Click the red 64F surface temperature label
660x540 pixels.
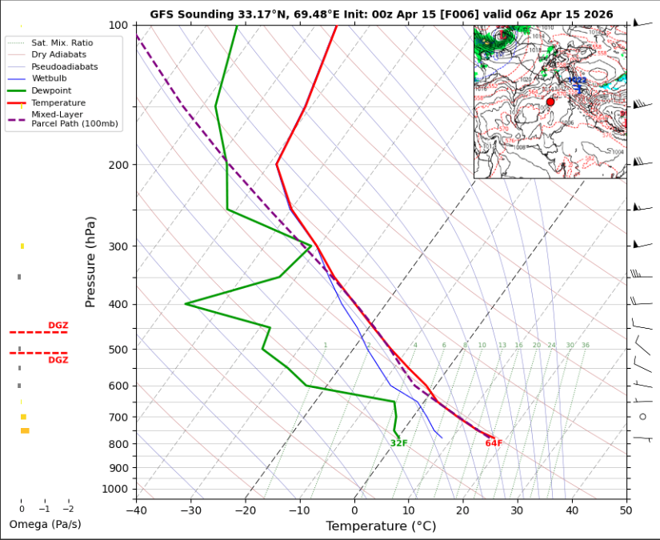click(x=494, y=443)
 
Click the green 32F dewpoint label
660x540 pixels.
click(x=399, y=443)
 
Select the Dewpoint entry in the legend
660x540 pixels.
click(x=51, y=91)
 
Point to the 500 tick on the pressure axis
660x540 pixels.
click(x=118, y=350)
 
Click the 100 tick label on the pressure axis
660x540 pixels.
click(x=118, y=26)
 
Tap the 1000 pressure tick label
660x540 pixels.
click(x=114, y=489)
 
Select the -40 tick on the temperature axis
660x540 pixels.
click(x=137, y=510)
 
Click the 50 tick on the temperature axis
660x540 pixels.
click(x=626, y=510)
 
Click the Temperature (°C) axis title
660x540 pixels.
click(x=381, y=526)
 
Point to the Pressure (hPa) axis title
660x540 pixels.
click(x=90, y=262)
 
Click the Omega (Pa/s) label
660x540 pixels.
click(x=45, y=525)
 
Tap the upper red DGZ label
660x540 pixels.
click(x=58, y=325)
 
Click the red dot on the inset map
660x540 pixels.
click(x=550, y=102)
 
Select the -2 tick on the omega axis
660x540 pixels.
click(x=68, y=508)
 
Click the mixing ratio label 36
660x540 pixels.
click(x=586, y=346)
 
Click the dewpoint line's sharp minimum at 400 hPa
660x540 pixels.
click(x=186, y=304)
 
